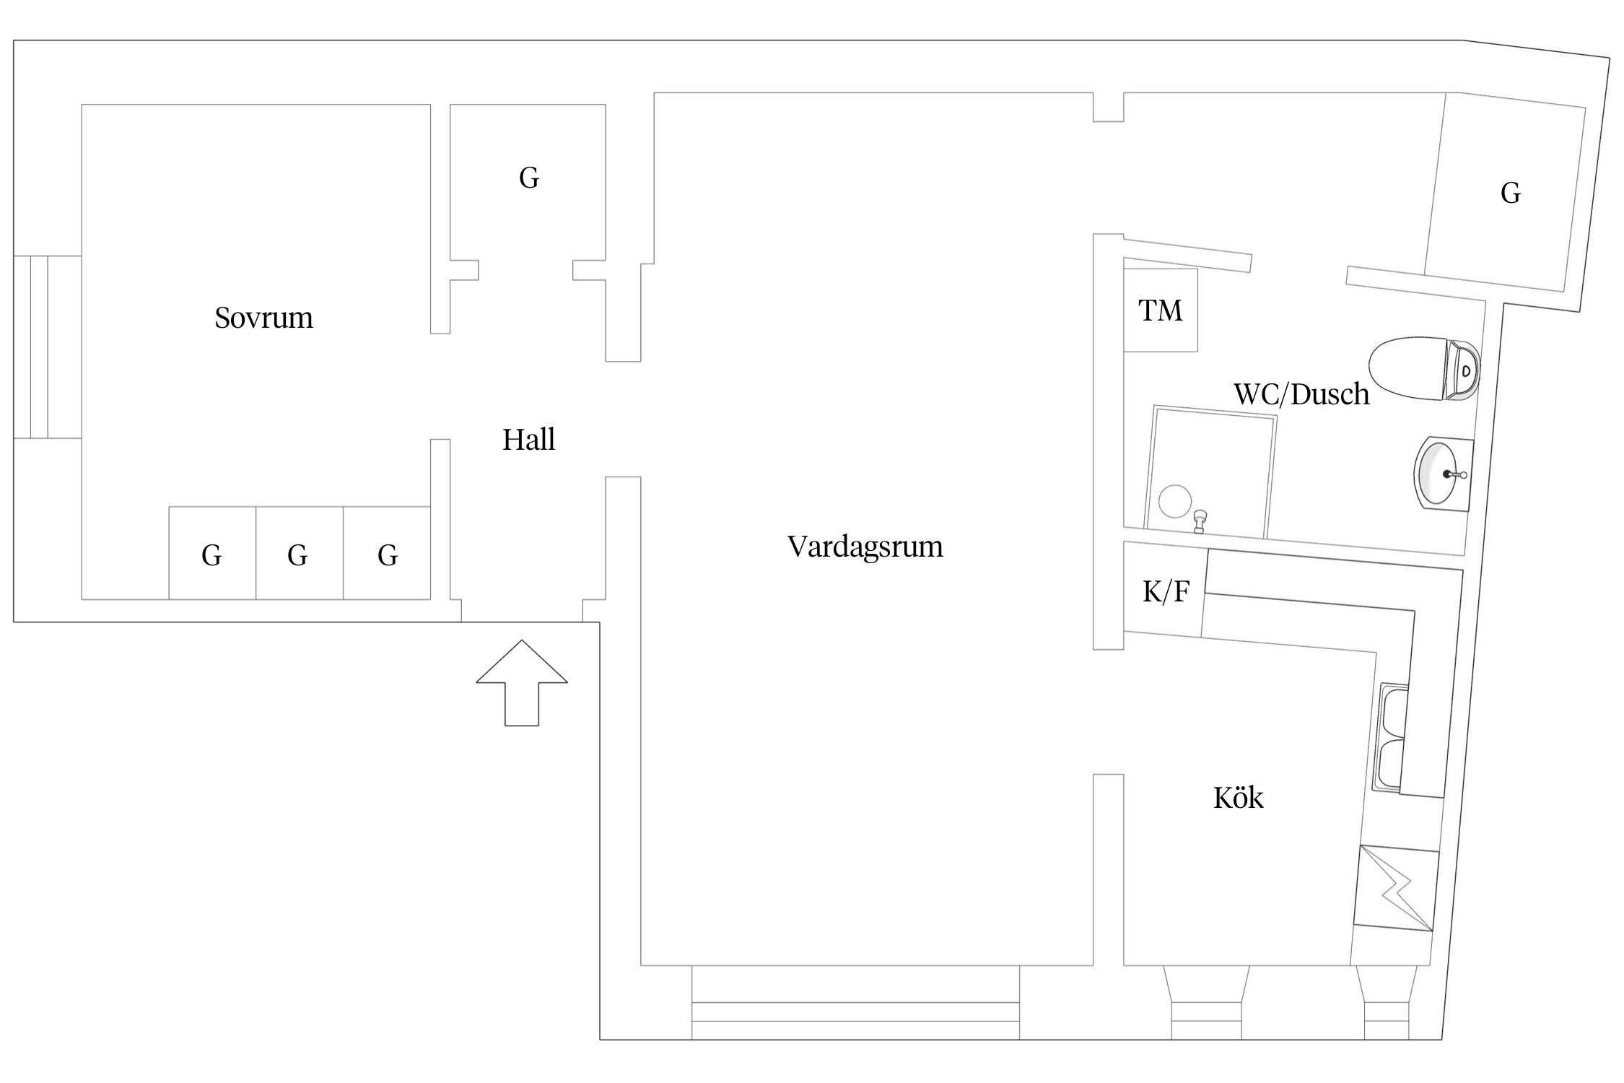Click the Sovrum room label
click(x=263, y=318)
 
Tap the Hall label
click(x=528, y=440)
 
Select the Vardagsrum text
click(x=865, y=547)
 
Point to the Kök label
click(x=1238, y=798)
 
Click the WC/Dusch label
click(x=1301, y=394)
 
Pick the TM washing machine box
click(x=1160, y=310)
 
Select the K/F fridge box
click(x=1165, y=592)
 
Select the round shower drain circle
click(x=1174, y=501)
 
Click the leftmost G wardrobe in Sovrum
click(x=212, y=554)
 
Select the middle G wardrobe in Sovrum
click(x=299, y=554)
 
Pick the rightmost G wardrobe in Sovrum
click(x=387, y=554)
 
